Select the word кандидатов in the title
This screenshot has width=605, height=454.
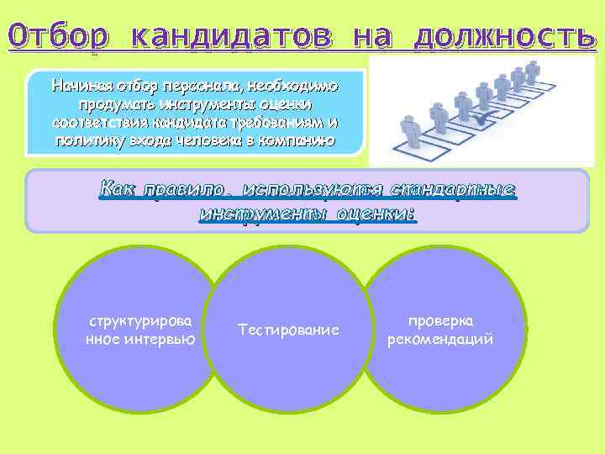coord(232,36)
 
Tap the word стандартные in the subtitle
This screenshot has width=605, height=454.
coord(461,190)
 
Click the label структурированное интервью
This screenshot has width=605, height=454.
coord(140,330)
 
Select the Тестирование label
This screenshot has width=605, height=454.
coord(288,330)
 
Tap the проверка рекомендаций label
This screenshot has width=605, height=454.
coord(439,330)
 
